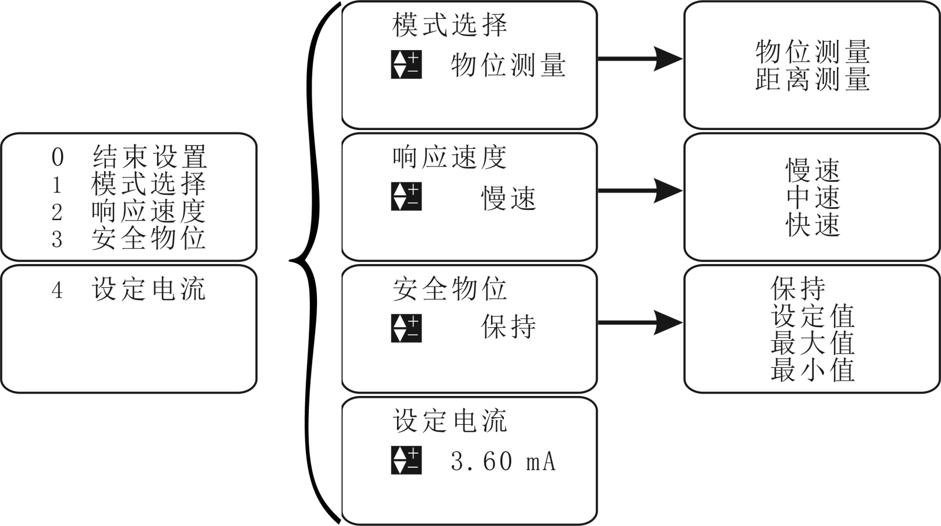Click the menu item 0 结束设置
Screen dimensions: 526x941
(129, 157)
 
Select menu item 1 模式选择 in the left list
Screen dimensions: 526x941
(129, 184)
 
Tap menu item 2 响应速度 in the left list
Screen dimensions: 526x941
(129, 211)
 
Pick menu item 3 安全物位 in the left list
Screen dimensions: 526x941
(129, 238)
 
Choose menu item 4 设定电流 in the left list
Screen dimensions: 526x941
(129, 289)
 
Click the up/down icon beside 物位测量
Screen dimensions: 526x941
(406, 65)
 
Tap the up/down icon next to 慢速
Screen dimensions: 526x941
(406, 197)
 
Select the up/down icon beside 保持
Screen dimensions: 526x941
(406, 328)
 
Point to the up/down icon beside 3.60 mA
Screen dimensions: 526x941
(406, 460)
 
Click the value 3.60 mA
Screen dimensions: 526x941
(503, 461)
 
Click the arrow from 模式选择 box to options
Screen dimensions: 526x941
(640, 59)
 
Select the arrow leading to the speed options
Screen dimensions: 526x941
(640, 191)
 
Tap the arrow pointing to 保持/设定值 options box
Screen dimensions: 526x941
(640, 322)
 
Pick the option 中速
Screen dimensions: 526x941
(813, 198)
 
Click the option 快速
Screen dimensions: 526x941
(813, 225)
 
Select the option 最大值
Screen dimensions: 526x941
(812, 343)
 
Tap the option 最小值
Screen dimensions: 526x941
(812, 370)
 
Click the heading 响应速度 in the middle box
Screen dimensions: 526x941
(449, 158)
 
